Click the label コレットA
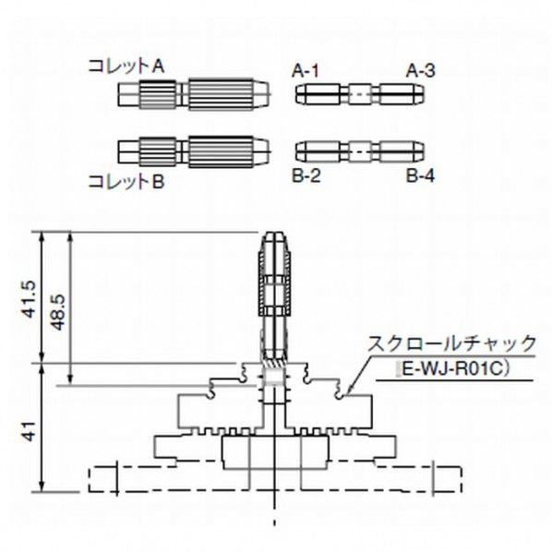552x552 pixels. (126, 66)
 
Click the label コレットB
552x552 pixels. (126, 182)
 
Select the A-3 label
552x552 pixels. (420, 69)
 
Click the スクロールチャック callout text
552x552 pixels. (451, 343)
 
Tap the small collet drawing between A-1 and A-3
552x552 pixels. (361, 93)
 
